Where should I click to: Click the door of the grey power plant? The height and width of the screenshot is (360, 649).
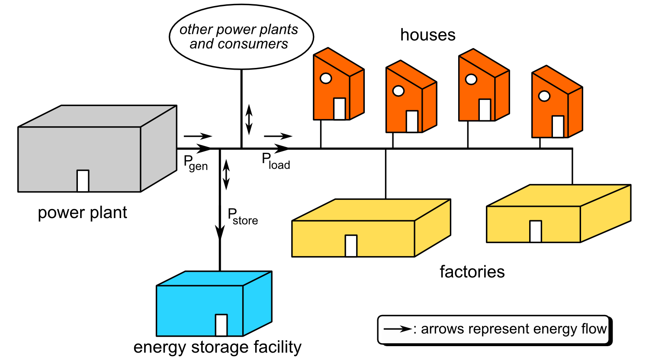(83, 180)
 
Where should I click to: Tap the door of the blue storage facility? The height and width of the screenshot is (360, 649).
(221, 325)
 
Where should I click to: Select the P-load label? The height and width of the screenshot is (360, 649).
(276, 161)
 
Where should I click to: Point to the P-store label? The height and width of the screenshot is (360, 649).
(242, 216)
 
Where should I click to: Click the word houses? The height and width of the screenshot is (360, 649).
(427, 35)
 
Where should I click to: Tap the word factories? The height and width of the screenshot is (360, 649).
(472, 272)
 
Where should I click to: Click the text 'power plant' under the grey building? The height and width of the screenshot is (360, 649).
(82, 213)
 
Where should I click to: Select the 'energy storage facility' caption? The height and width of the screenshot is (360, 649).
(217, 347)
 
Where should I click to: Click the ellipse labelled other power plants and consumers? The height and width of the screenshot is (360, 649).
(241, 37)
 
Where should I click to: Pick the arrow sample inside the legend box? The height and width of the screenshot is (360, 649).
(398, 329)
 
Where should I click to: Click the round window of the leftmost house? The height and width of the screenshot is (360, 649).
(325, 78)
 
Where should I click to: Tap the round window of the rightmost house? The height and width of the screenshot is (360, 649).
(544, 96)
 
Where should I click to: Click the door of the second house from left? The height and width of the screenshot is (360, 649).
(412, 121)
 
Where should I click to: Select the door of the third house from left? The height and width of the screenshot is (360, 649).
(485, 109)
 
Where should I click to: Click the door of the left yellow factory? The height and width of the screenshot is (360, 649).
(351, 246)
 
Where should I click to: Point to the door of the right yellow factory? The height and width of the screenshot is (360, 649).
(536, 231)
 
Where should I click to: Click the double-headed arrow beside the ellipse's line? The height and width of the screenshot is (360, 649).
(249, 120)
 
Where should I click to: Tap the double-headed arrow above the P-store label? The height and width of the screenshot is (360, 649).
(226, 175)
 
